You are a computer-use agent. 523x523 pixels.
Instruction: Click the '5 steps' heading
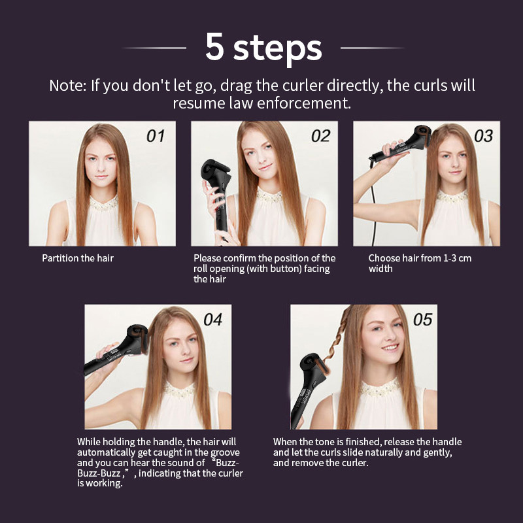click(x=263, y=47)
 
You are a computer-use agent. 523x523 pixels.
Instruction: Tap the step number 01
click(x=155, y=136)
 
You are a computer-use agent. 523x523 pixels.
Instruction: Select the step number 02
click(x=320, y=136)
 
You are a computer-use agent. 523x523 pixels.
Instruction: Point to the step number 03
click(x=483, y=136)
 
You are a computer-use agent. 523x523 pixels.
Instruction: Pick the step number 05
click(x=422, y=320)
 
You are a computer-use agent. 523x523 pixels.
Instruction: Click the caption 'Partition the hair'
click(x=78, y=258)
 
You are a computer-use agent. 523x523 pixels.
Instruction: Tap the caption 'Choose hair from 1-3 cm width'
click(x=419, y=263)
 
